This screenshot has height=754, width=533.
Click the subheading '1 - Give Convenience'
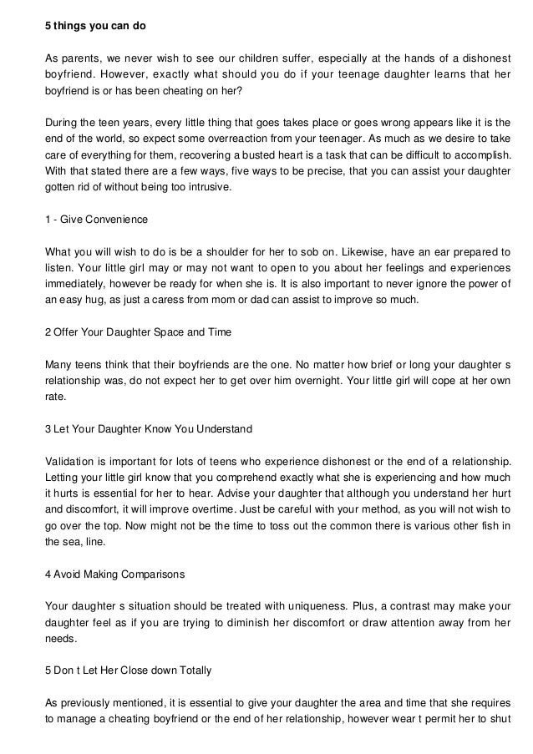95,220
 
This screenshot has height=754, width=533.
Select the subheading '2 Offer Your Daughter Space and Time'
138,332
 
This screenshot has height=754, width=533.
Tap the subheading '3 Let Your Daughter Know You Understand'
147,429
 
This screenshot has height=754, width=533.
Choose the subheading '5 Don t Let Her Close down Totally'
128,671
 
